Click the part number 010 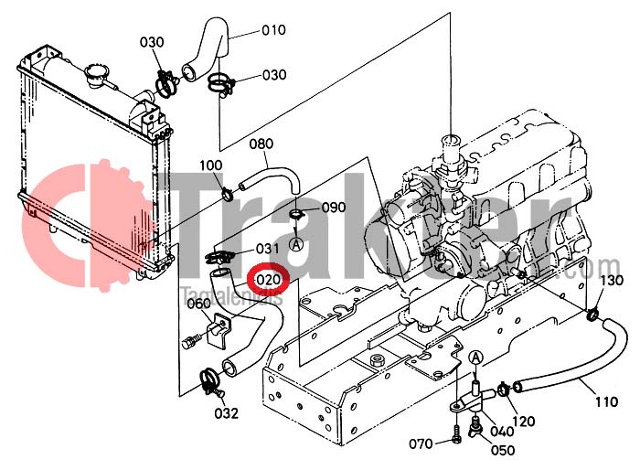(273, 29)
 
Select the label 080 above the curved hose (261, 144)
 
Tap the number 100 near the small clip (211, 165)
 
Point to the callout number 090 (334, 208)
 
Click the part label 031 (267, 249)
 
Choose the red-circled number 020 (269, 278)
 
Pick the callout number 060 (198, 304)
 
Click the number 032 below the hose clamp (227, 413)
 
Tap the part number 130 (611, 280)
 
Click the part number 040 (504, 432)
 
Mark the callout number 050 (504, 451)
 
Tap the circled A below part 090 (296, 244)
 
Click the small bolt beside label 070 (455, 443)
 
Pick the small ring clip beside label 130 (593, 316)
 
